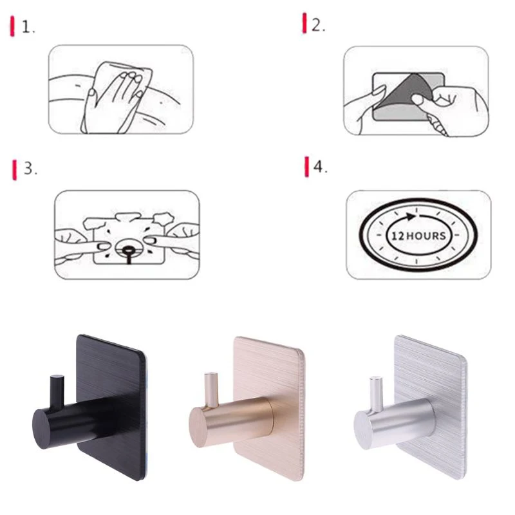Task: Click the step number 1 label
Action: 28,27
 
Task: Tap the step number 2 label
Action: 318,25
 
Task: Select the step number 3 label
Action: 30,169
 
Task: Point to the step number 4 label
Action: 320,167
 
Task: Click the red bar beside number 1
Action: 13,27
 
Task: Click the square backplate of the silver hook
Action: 438,380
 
